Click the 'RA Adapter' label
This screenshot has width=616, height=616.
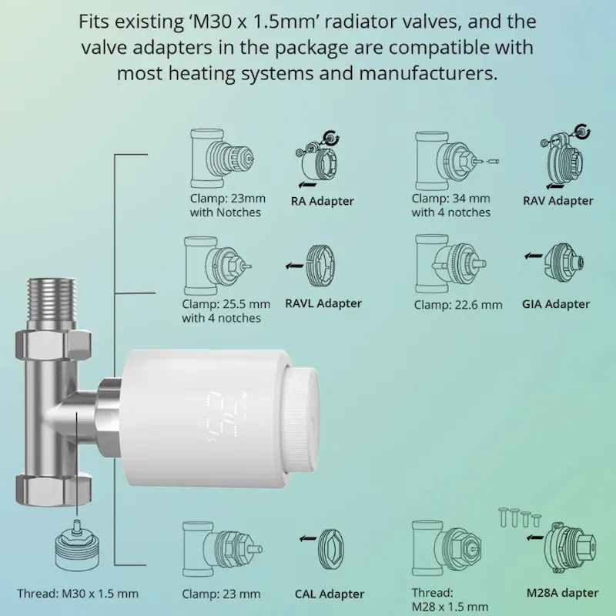pyautogui.click(x=322, y=201)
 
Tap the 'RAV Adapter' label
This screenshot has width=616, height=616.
pyautogui.click(x=557, y=201)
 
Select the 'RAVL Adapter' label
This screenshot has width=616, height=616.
pyautogui.click(x=323, y=303)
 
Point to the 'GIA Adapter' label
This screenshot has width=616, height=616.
pyautogui.click(x=556, y=303)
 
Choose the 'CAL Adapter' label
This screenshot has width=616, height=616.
pyautogui.click(x=330, y=594)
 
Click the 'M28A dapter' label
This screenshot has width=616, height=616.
pyautogui.click(x=562, y=593)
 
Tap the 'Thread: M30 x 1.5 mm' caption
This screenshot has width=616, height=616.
pyautogui.click(x=78, y=593)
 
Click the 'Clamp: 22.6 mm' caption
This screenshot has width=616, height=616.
pyautogui.click(x=458, y=304)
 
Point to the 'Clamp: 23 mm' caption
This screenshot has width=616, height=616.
pyautogui.click(x=221, y=594)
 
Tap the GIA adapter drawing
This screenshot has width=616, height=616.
pyautogui.click(x=564, y=263)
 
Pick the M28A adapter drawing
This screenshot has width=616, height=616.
pyautogui.click(x=570, y=546)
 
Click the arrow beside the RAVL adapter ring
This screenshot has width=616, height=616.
pyautogui.click(x=295, y=266)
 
